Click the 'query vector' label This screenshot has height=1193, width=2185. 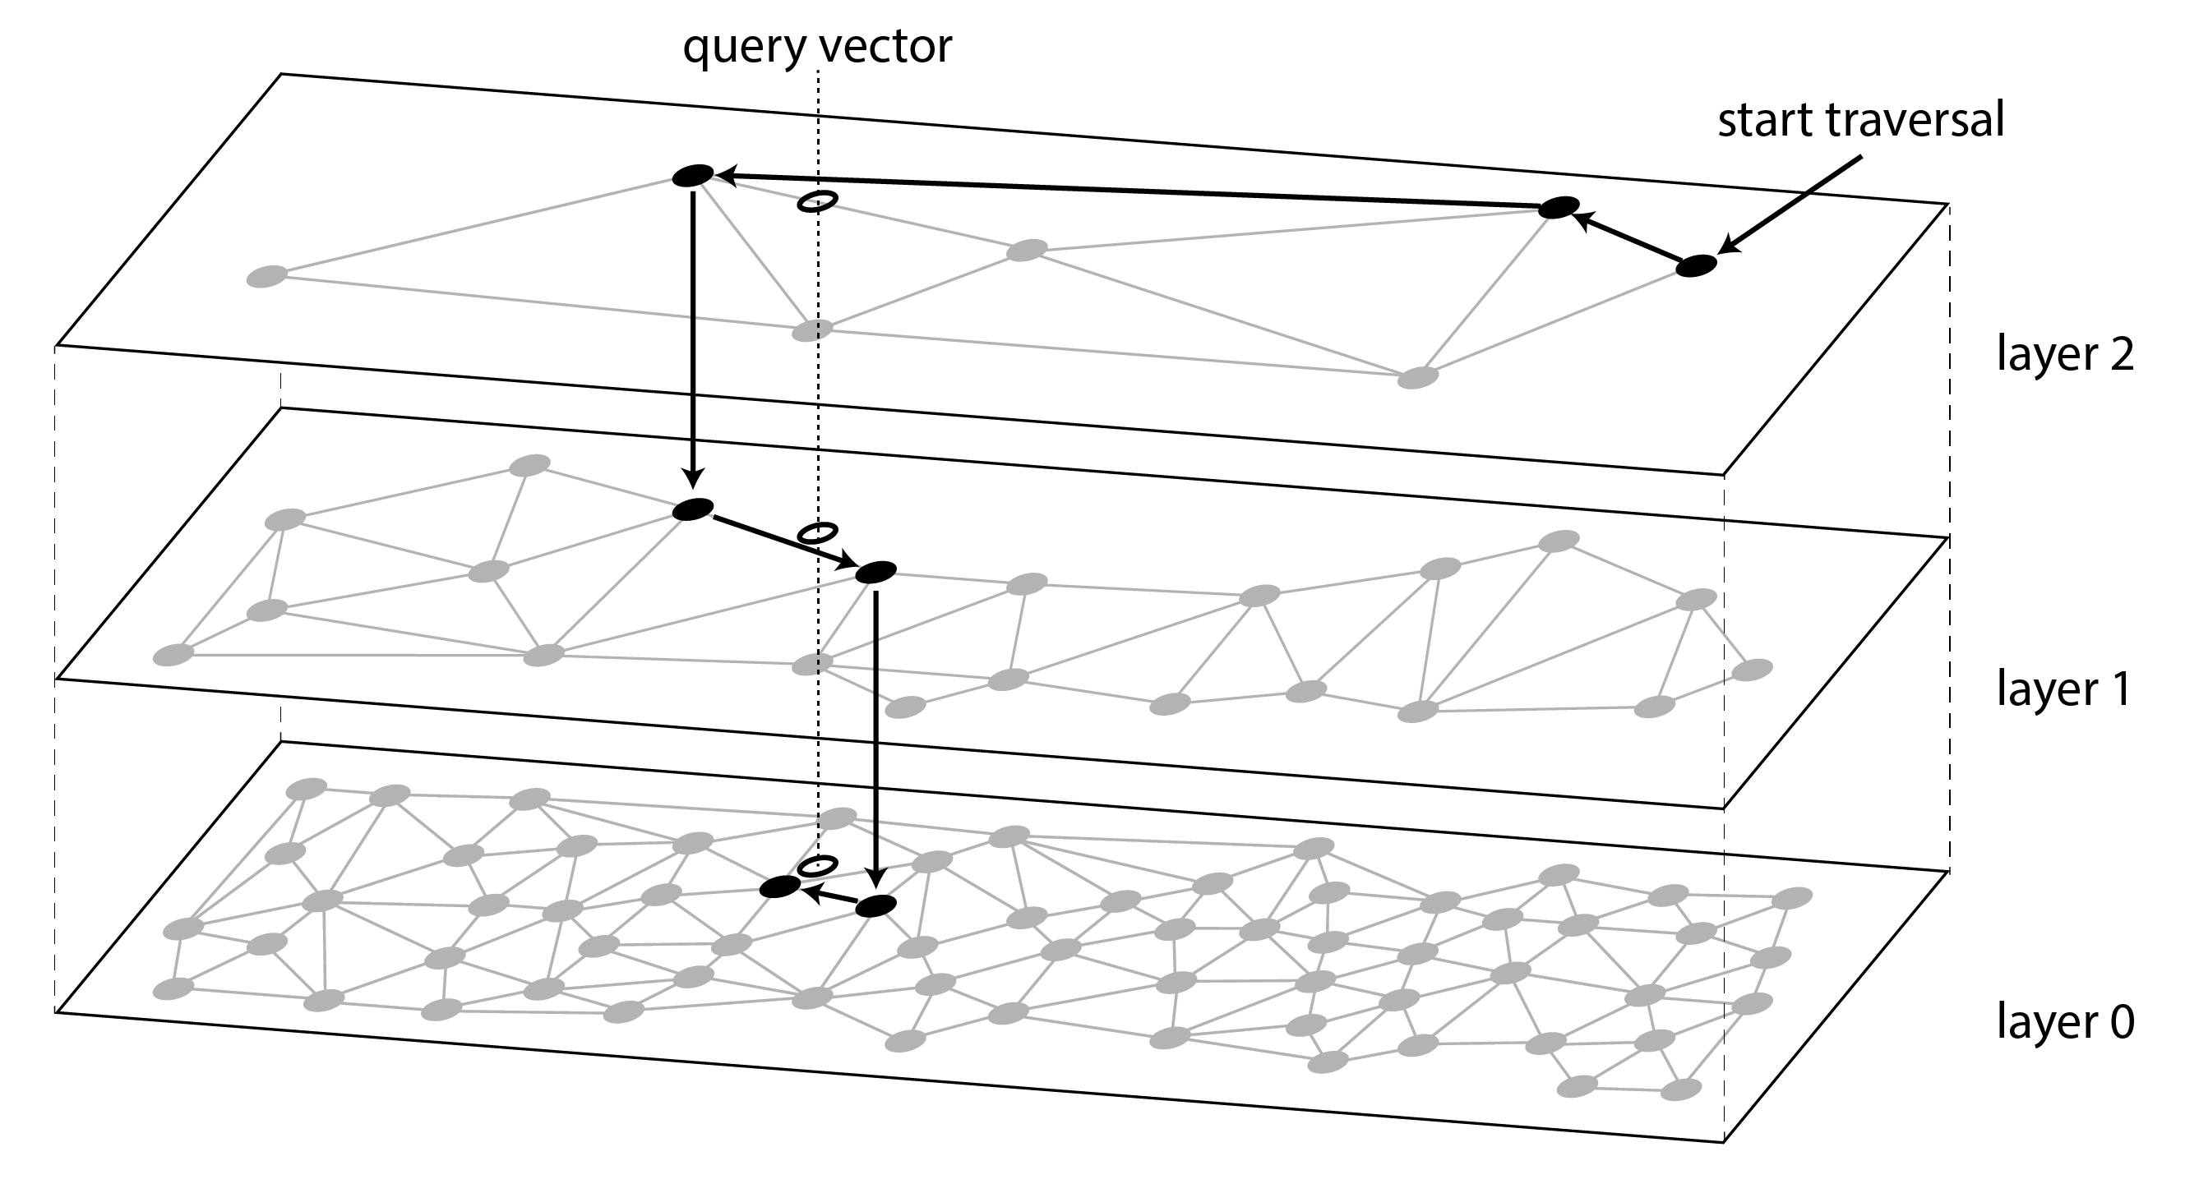pyautogui.click(x=817, y=47)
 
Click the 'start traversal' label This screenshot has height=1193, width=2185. pyautogui.click(x=1860, y=121)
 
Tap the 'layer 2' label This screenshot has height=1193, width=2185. pyautogui.click(x=2064, y=353)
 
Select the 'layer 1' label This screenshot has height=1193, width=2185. pyautogui.click(x=2063, y=688)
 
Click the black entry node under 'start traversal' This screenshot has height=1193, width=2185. pyautogui.click(x=1696, y=265)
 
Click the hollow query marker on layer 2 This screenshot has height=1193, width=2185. pyautogui.click(x=818, y=201)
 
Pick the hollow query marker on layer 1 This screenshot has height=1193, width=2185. pyautogui.click(x=818, y=532)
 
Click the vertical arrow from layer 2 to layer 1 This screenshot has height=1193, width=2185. pyautogui.click(x=693, y=339)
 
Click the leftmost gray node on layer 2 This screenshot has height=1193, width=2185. pyautogui.click(x=266, y=276)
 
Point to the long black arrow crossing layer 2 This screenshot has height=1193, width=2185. pyautogui.click(x=1128, y=191)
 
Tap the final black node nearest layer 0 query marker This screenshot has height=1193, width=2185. pyautogui.click(x=779, y=887)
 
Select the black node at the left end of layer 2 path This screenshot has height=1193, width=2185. pyautogui.click(x=693, y=176)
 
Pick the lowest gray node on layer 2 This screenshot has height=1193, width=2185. pyautogui.click(x=1417, y=377)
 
